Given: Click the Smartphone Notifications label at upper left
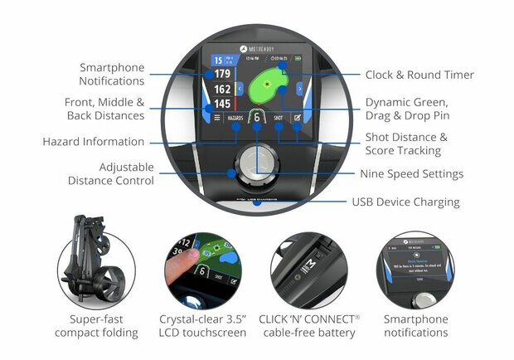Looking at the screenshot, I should pos(112,74).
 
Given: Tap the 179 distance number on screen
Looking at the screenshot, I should pos(221,73).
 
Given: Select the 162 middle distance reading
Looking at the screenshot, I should pos(221,89).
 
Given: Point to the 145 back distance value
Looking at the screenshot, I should pos(221,105).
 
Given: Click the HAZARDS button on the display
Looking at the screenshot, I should pos(235,119).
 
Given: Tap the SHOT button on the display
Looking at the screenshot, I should pos(279,119).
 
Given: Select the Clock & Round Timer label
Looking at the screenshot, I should pos(419,75).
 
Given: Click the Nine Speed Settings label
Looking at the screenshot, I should pos(411,174).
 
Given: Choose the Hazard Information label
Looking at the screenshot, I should pos(93,142).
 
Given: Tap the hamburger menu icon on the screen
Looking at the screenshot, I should pos(206,119).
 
